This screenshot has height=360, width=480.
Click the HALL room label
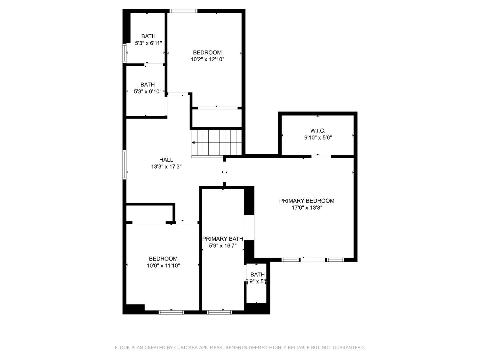point(166,160)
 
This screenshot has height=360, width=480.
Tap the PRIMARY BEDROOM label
point(307,201)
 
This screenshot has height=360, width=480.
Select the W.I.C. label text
point(318,131)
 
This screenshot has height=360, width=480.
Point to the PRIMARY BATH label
point(223,239)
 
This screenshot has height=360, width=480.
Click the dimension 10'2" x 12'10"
point(207,59)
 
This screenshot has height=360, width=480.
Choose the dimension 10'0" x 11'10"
point(163,266)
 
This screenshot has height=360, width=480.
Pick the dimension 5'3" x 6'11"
point(148,43)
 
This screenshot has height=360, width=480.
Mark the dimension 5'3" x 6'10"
point(148,92)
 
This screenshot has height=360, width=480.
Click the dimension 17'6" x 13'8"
point(307,208)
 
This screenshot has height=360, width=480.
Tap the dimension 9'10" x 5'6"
point(318,138)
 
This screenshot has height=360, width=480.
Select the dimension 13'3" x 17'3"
point(166,167)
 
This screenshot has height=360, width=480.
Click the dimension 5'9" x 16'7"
point(223,246)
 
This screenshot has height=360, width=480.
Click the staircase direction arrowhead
point(193,143)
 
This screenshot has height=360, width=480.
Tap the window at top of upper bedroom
point(183,11)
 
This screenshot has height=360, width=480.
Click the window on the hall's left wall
point(124,164)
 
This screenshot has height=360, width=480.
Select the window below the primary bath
point(220,312)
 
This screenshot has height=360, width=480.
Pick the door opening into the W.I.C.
point(321,156)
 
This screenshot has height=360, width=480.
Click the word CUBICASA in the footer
point(187,348)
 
